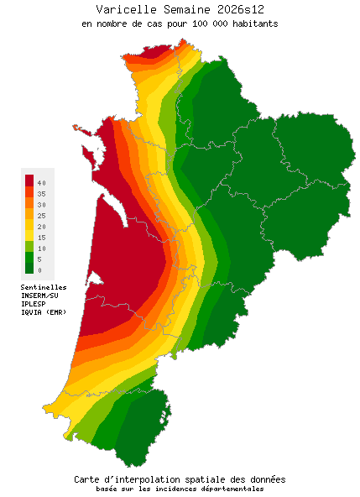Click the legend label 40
[41, 182]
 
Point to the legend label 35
[41, 193]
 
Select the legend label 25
[41, 216]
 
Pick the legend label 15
[41, 238]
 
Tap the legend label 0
[39, 270]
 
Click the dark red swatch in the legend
[29, 180]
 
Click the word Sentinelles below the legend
[44, 287]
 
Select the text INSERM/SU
[39, 296]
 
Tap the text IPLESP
[34, 304]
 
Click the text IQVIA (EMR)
[44, 312]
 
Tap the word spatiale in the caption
[205, 479]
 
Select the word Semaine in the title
[180, 9]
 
